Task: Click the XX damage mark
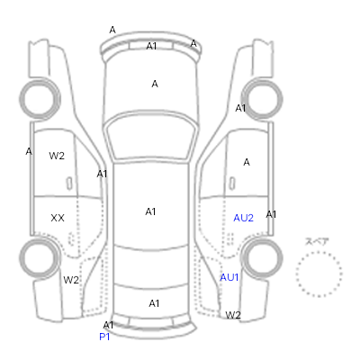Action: coord(58,218)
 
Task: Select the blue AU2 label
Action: coord(243,218)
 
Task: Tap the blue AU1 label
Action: coord(229,277)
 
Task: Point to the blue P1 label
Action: coord(104,337)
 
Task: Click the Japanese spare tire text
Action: coord(317,241)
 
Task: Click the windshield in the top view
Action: coord(151,137)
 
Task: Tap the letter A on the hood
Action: coord(155,84)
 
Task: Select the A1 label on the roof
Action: coord(150,211)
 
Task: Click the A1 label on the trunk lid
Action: coord(154,303)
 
